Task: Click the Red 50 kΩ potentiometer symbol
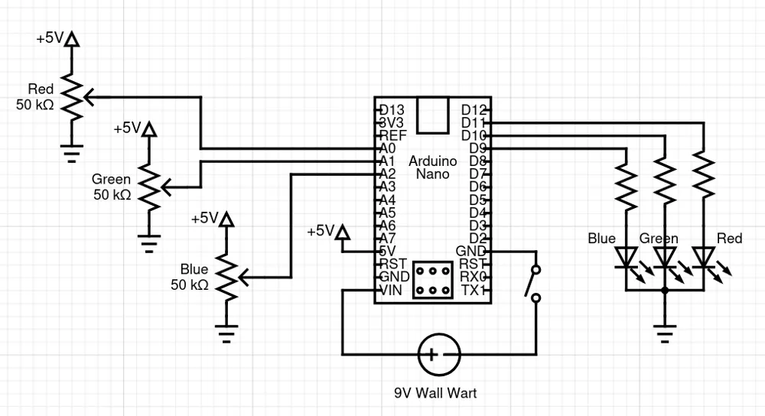[x=72, y=97]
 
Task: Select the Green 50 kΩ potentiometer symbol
[x=149, y=187]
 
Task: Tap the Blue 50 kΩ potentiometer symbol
[x=226, y=278]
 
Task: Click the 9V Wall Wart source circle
[x=439, y=355]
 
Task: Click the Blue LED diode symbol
[x=627, y=258]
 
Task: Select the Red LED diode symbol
[x=704, y=258]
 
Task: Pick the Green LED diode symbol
[x=665, y=258]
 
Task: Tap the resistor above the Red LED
[x=704, y=176]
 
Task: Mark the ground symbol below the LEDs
[x=665, y=334]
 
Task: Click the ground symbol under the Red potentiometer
[x=72, y=153]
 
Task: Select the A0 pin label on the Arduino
[x=387, y=148]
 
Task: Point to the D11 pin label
[x=474, y=123]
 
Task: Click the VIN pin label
[x=391, y=291]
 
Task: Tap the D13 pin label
[x=392, y=110]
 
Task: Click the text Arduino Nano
[x=433, y=167]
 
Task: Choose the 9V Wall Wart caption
[x=436, y=392]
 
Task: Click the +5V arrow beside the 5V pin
[x=343, y=232]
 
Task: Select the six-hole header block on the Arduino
[x=433, y=280]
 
